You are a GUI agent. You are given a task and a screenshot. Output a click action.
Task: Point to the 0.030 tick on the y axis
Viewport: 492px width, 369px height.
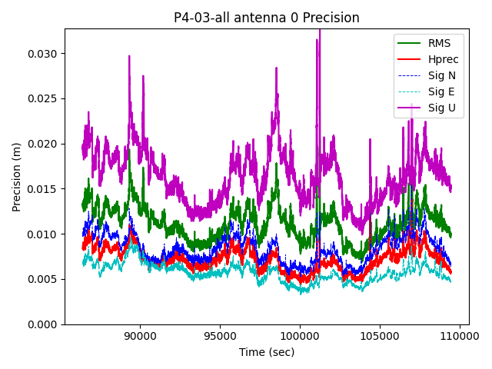tap(44, 54)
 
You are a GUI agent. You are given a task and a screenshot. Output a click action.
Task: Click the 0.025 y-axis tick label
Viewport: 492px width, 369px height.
tap(44, 99)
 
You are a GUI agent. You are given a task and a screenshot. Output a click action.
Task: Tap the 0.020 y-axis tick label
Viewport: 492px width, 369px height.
tap(44, 144)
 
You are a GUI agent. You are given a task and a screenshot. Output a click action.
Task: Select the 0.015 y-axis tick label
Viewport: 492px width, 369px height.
tap(44, 189)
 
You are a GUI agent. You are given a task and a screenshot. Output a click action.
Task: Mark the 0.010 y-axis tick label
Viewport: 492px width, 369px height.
tap(44, 234)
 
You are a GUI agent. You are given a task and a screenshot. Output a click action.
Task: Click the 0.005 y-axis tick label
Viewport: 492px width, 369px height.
tap(44, 279)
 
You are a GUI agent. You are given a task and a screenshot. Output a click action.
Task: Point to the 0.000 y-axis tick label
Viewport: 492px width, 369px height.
tap(44, 324)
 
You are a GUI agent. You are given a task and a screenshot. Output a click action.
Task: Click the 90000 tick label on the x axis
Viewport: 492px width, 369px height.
tap(139, 336)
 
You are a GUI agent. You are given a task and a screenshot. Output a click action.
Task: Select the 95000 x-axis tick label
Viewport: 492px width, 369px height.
tap(220, 336)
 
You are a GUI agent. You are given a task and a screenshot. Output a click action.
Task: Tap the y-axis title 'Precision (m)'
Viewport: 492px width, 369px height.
tap(17, 177)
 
